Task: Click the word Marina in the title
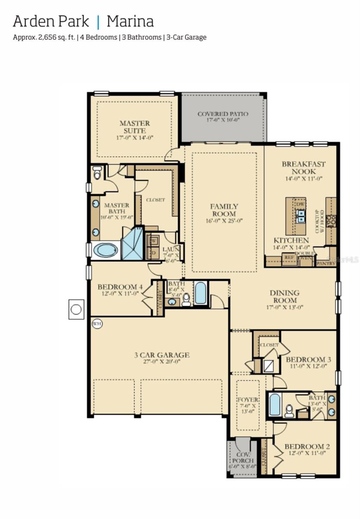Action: point(130,21)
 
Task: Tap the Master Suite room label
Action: point(135,127)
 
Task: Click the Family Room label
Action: point(224,210)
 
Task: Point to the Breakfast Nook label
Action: point(303,168)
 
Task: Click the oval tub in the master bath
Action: point(105,250)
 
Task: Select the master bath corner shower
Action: point(133,244)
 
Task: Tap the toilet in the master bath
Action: point(97,173)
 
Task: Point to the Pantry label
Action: point(326,263)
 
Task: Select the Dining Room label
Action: point(284,297)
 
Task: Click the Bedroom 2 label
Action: point(307,446)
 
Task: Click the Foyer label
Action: point(248,400)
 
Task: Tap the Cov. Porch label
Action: point(244,458)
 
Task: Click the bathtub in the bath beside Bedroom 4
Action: point(201,293)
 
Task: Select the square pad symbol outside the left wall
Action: point(76,309)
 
